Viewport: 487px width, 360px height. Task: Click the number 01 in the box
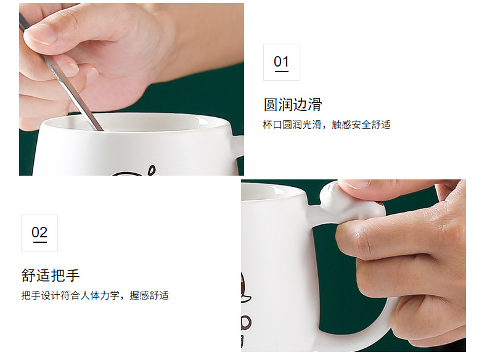[x=281, y=62]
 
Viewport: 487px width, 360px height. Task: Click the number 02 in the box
[x=39, y=232]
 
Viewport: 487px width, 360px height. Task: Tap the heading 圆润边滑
[x=292, y=104]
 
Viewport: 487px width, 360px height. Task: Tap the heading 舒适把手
[x=51, y=275]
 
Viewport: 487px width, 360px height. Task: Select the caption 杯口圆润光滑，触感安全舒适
[x=327, y=125]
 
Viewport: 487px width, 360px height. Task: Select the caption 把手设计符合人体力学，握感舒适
[x=95, y=295]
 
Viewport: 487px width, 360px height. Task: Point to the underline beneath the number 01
[x=281, y=72]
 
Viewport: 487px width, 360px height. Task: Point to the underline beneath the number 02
[x=39, y=242]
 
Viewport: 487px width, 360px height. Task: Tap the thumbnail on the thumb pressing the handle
[x=362, y=184]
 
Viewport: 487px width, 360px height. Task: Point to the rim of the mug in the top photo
[x=136, y=117]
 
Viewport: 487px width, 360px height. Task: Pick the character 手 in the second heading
[x=73, y=275]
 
